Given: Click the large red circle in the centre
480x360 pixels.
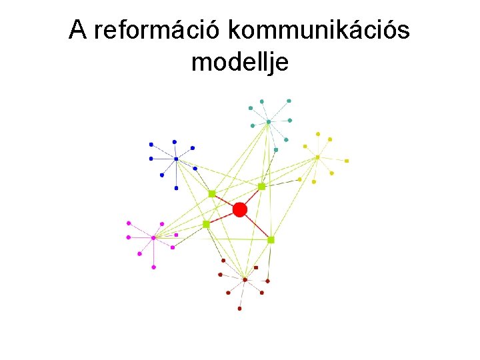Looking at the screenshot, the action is tap(240, 210).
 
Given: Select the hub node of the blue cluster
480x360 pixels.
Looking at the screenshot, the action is tap(176, 159).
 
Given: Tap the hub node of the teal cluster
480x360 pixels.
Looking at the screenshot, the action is tap(268, 121).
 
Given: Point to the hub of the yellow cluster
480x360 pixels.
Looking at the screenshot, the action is tap(317, 157).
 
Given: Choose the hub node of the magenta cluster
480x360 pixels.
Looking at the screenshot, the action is tap(153, 237).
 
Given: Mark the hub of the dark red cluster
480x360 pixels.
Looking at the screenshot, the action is tap(245, 279).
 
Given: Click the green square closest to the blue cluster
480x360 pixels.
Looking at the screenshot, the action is tap(212, 193).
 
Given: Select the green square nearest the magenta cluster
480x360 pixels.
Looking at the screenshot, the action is tap(206, 225).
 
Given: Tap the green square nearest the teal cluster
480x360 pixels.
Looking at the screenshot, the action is tap(262, 186).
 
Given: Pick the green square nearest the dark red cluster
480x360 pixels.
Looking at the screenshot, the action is tap(271, 239).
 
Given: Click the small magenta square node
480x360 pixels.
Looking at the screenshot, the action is tap(176, 235).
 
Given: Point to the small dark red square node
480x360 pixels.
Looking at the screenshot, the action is tap(256, 267).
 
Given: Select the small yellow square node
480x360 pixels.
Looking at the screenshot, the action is tap(347, 161).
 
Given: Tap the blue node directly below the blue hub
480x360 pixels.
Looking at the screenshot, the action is tap(176, 188).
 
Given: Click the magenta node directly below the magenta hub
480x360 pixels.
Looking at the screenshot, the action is tap(153, 267).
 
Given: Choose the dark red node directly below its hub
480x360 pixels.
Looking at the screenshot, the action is tap(240, 309).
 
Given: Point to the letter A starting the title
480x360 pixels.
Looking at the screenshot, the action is tap(78, 30).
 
